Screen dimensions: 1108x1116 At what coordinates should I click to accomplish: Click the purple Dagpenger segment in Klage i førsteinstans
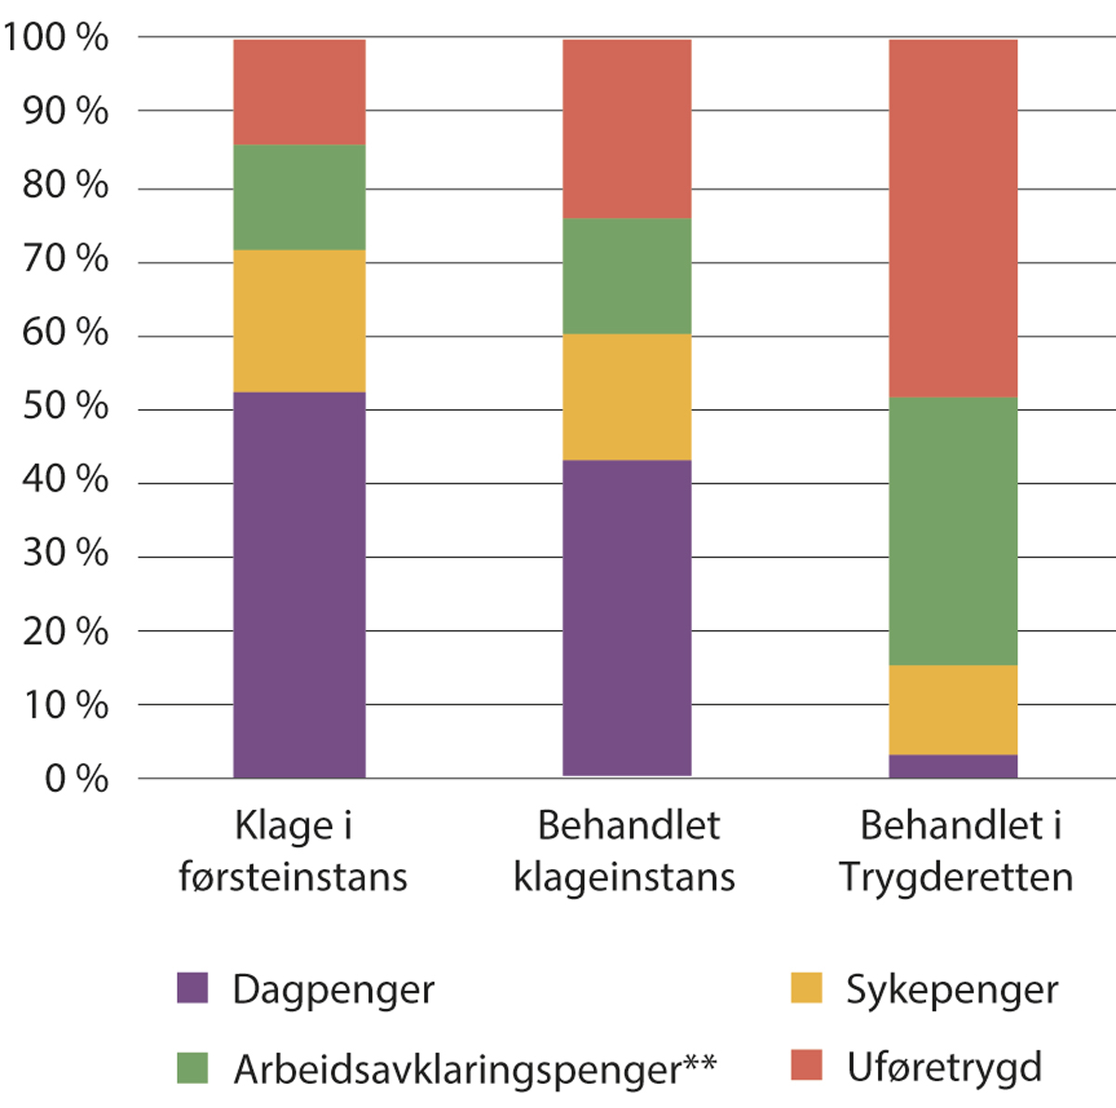click(x=299, y=585)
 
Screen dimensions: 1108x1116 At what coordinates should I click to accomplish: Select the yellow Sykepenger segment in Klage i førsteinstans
click(x=299, y=321)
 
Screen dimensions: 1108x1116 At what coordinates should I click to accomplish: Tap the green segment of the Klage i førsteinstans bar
click(x=299, y=197)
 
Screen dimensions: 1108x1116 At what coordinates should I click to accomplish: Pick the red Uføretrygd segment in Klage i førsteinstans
click(x=299, y=92)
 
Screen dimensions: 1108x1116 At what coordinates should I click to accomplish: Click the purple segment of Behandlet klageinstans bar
click(x=627, y=617)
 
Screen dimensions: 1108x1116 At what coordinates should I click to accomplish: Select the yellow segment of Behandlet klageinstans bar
click(x=627, y=397)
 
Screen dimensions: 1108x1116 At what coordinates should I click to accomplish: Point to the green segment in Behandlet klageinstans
click(x=627, y=276)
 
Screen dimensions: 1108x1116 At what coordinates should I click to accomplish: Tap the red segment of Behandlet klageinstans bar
click(x=627, y=129)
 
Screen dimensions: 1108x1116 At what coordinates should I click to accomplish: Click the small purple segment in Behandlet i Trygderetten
click(x=953, y=767)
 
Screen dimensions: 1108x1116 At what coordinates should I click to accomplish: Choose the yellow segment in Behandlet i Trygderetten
click(x=953, y=710)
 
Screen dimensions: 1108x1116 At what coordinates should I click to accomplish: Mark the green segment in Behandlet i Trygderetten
click(x=953, y=531)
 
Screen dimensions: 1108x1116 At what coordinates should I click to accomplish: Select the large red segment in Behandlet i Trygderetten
click(x=953, y=218)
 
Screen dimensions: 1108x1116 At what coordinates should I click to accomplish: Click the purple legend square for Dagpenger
click(x=193, y=987)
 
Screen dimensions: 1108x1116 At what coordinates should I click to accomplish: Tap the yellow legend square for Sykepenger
click(x=806, y=987)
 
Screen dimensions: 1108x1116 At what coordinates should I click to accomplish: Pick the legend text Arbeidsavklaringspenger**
click(x=474, y=1069)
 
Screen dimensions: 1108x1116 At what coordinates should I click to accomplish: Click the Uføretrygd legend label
click(x=944, y=1067)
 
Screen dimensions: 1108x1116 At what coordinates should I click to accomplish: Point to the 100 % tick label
click(x=56, y=38)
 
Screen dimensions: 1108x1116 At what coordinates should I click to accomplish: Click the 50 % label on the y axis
click(x=65, y=406)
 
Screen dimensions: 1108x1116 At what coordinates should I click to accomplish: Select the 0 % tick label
click(x=76, y=778)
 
